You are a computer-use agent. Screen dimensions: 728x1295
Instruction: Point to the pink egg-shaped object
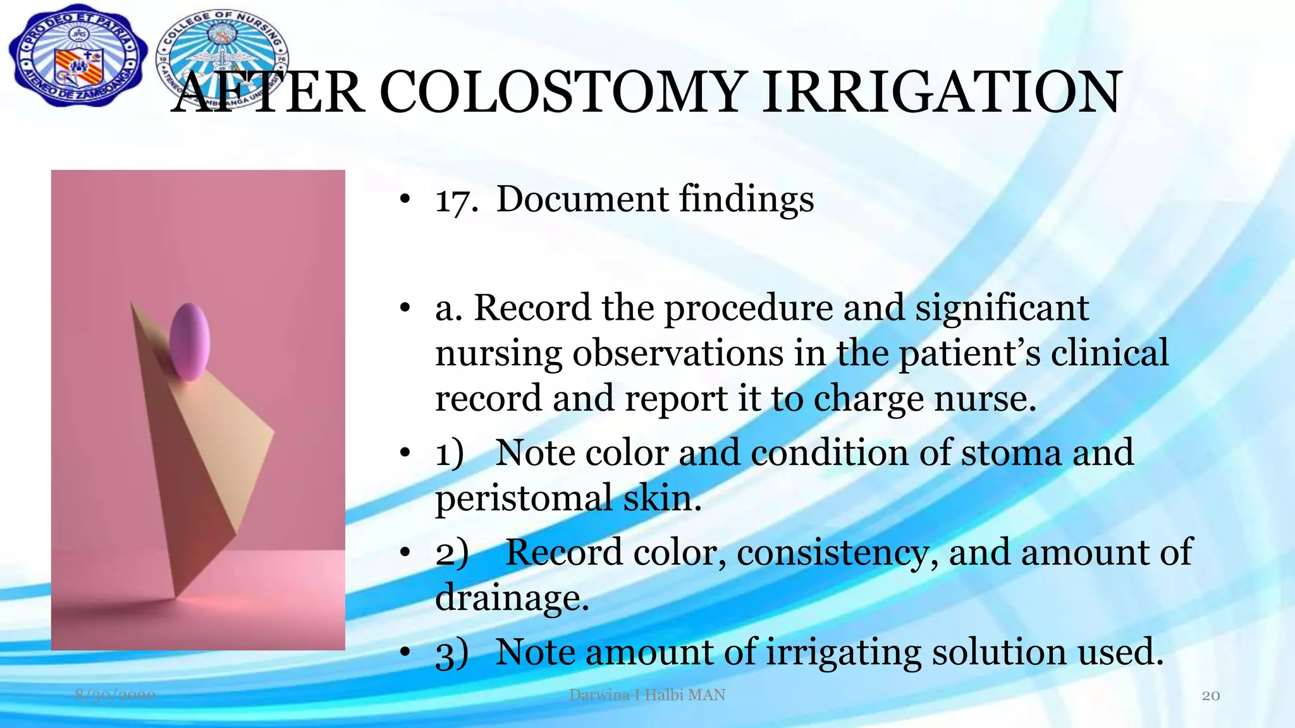coord(190,341)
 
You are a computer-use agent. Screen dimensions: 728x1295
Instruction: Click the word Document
coord(582,199)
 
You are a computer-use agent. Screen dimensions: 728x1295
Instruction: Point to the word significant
coord(1002,310)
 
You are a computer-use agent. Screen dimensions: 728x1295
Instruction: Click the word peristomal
coord(524,499)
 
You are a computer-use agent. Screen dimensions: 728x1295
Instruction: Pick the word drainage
coord(512,598)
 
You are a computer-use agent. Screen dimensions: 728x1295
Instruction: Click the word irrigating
coord(844,653)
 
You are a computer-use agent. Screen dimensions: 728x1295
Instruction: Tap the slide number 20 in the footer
coord(1210,696)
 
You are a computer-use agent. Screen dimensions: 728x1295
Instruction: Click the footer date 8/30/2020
coord(115,696)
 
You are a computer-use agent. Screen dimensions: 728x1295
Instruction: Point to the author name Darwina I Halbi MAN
coord(647,695)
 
